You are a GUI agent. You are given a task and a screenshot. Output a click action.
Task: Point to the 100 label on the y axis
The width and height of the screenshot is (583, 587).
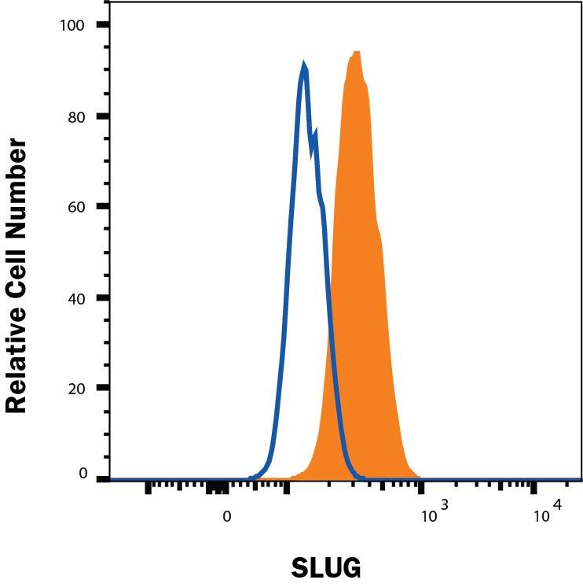[x=73, y=25]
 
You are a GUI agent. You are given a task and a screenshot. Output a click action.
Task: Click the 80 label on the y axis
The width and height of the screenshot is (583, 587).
[x=76, y=116]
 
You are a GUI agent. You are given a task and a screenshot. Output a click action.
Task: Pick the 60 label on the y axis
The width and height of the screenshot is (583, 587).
[x=76, y=207]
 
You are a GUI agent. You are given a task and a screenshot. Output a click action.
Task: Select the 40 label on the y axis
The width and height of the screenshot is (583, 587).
[x=76, y=298]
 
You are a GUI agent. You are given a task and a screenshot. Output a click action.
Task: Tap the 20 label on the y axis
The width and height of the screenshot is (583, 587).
[x=76, y=389]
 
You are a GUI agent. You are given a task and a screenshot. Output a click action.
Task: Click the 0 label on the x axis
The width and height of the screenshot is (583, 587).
[x=227, y=517]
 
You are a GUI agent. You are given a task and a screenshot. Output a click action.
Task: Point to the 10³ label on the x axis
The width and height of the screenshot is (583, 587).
[x=433, y=514]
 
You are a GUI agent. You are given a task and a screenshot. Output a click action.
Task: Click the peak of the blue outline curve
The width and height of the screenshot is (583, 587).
[x=304, y=65]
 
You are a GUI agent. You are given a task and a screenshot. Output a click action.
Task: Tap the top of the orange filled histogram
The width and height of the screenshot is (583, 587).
[x=356, y=53]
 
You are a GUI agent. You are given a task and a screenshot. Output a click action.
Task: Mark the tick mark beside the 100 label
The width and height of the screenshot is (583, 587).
[x=103, y=25]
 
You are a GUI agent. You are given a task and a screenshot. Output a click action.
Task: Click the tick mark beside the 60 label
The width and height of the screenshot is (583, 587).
[x=103, y=207]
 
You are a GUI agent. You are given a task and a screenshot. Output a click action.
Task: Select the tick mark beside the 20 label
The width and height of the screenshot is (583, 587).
[x=103, y=389]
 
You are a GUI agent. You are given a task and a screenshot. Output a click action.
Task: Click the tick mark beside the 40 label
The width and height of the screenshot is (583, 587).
[x=103, y=298]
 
